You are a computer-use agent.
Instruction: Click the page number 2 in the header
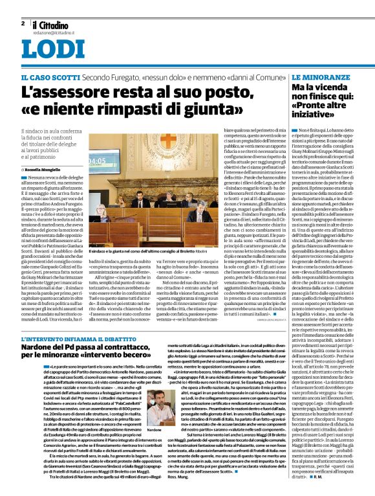pyautogui.click(x=23, y=23)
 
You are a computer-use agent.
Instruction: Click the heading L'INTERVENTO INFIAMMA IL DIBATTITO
pyautogui.click(x=77, y=339)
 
